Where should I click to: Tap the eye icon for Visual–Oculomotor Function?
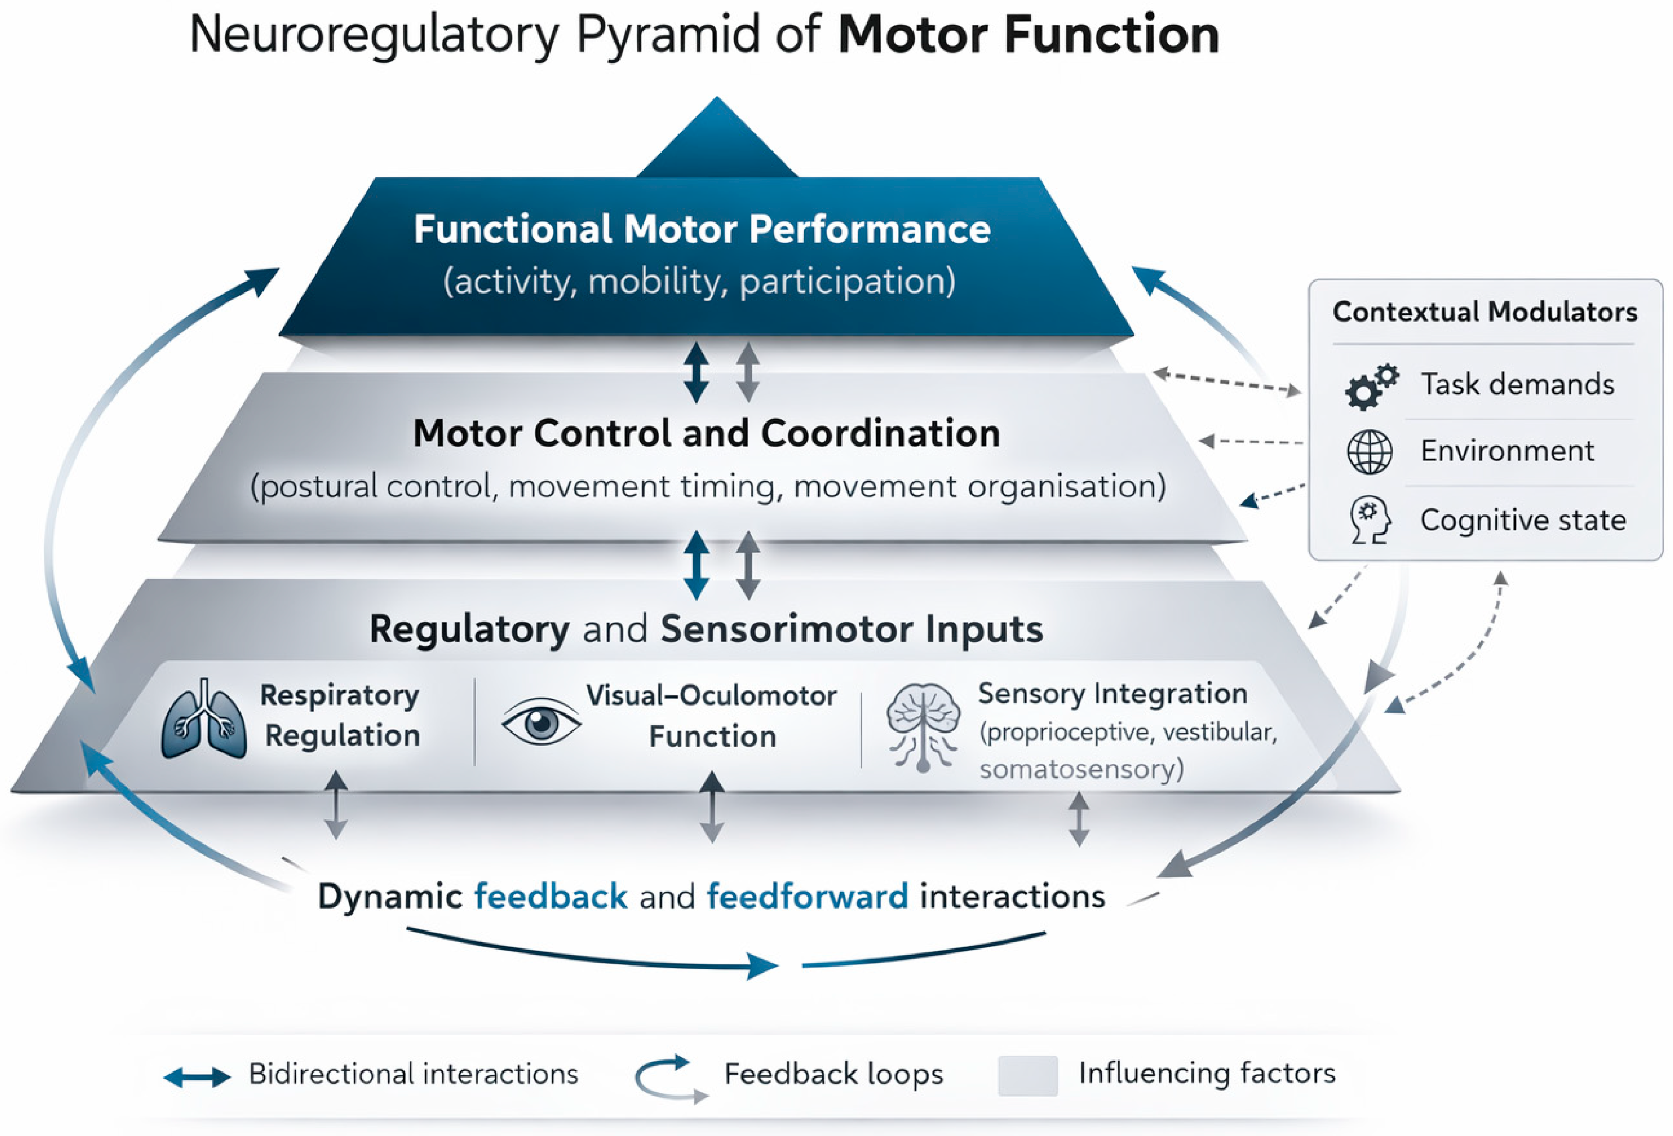click(541, 722)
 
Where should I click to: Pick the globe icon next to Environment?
click(1369, 452)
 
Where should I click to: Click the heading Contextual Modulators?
click(1485, 312)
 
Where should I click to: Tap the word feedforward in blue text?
click(808, 896)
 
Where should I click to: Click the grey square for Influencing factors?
click(1028, 1075)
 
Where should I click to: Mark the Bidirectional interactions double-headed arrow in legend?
click(196, 1077)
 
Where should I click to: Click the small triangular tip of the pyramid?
click(717, 137)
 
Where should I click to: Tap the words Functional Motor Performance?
click(702, 230)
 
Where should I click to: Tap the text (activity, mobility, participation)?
click(700, 282)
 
